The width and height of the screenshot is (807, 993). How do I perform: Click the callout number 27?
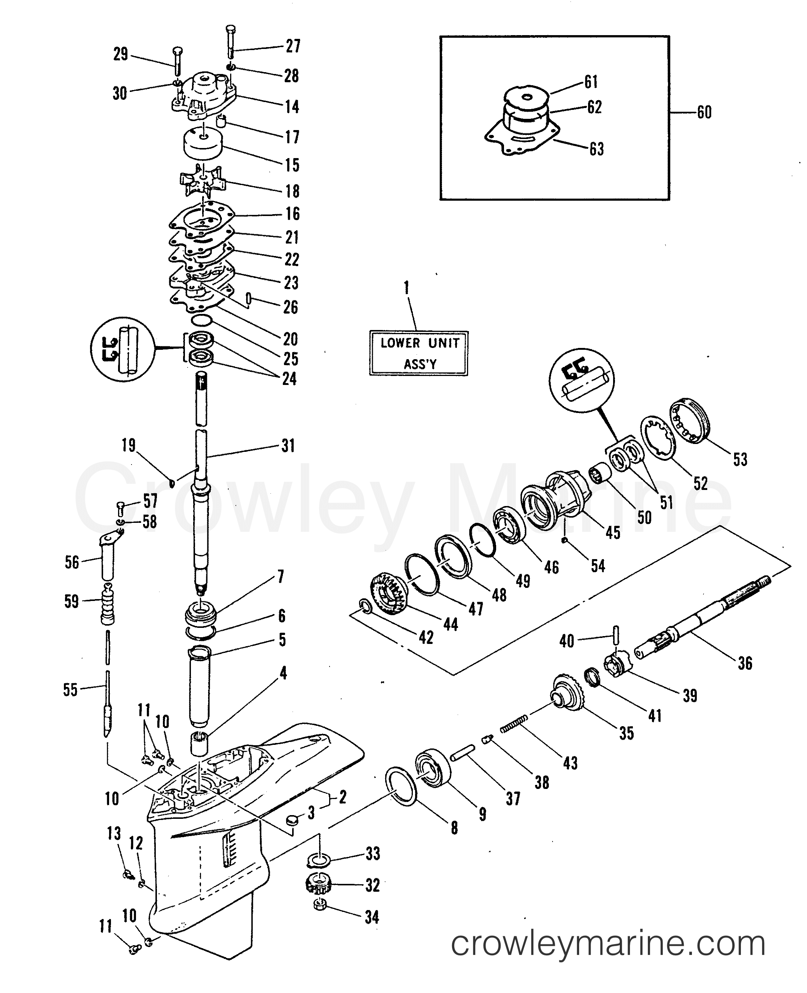(293, 46)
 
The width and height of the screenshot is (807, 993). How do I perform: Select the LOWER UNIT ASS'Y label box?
(419, 353)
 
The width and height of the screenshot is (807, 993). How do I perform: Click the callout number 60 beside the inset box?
(704, 112)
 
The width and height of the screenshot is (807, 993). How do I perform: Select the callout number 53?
(740, 459)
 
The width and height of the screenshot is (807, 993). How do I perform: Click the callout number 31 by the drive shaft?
(288, 446)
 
